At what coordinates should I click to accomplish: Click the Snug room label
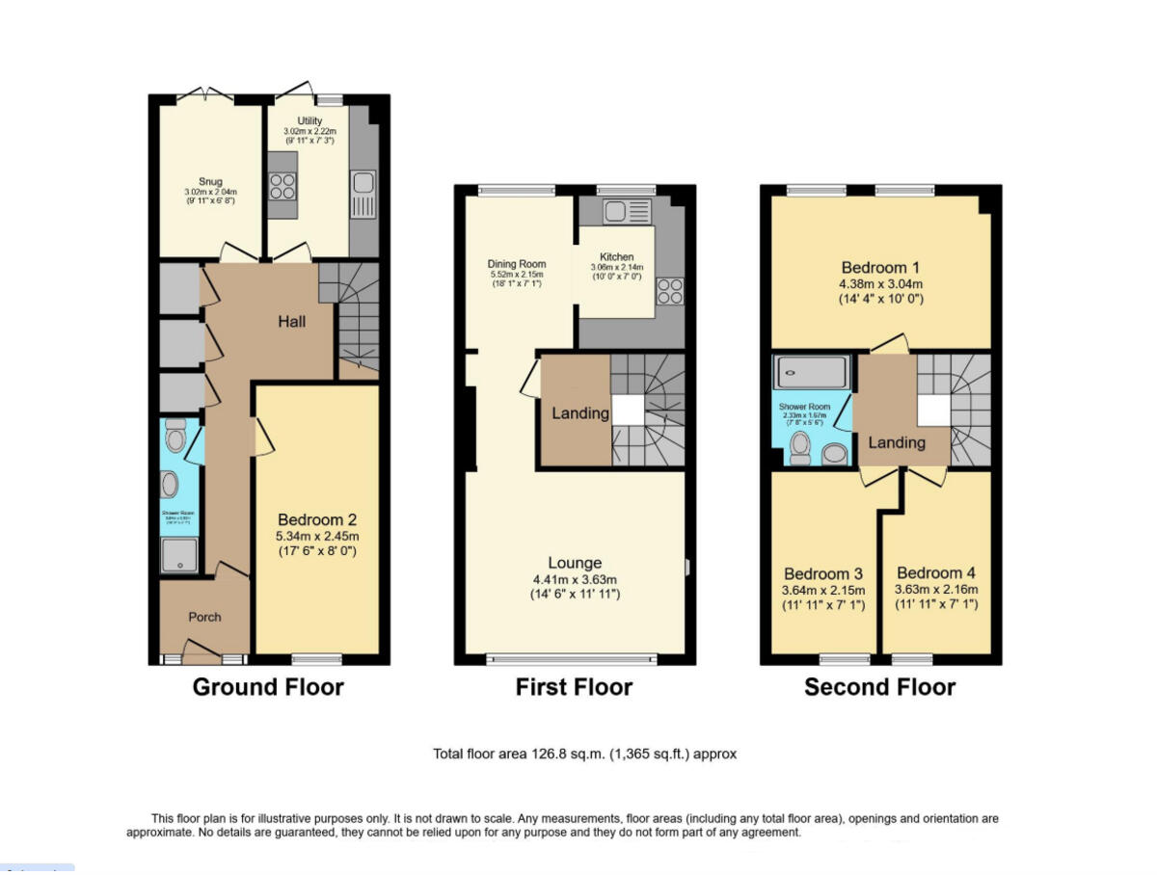point(210,181)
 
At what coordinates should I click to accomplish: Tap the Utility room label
point(309,120)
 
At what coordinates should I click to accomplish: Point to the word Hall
point(292,321)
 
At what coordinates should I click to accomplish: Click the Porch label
point(204,617)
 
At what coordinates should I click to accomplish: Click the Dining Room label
point(518,264)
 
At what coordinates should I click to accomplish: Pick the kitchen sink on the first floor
point(616,211)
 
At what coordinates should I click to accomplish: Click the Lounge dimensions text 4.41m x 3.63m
point(576,579)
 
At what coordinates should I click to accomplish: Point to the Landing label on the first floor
point(580,413)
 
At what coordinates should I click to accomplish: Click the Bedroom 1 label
point(881,267)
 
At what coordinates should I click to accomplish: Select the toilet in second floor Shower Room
point(798,447)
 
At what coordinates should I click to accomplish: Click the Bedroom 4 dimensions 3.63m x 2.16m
point(935,590)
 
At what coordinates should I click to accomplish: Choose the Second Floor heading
point(879,687)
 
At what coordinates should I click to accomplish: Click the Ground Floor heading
point(268,687)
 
